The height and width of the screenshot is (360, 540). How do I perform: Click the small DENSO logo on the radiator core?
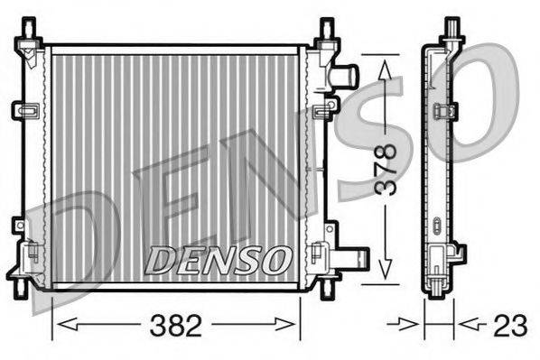tap(217, 259)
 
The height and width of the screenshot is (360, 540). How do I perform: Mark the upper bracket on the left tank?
tap(23, 110)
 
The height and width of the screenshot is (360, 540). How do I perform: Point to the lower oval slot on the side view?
tap(438, 223)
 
